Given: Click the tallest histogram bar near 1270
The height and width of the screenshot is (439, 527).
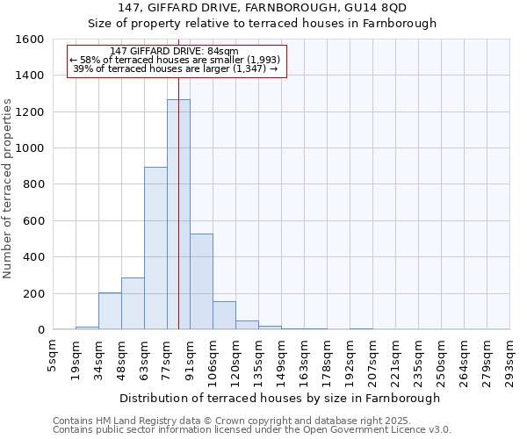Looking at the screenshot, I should point(178,214).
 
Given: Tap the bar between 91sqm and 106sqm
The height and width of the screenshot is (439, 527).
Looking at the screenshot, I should point(201,282).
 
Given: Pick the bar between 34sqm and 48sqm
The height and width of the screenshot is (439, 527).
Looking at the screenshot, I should point(110,311).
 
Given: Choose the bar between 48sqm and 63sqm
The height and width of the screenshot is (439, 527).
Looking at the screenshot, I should point(133,304).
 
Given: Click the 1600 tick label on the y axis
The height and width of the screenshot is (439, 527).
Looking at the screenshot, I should point(31,40).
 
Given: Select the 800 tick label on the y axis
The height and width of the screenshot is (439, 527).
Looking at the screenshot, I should point(34,184).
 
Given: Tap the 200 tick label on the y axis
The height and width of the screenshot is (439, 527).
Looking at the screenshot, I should point(34,293).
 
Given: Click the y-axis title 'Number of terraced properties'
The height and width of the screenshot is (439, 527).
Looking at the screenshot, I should point(8,189).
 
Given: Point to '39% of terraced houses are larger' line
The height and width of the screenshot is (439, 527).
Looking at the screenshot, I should point(175,68).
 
